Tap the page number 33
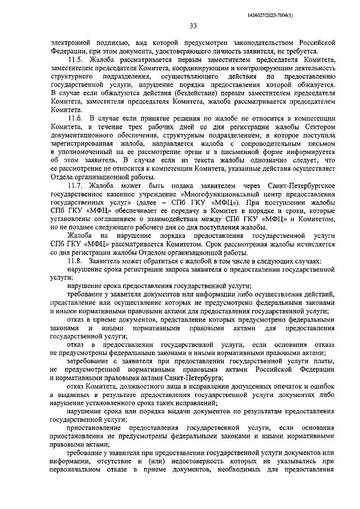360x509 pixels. (193, 26)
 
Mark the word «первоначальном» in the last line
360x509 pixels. (78, 471)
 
